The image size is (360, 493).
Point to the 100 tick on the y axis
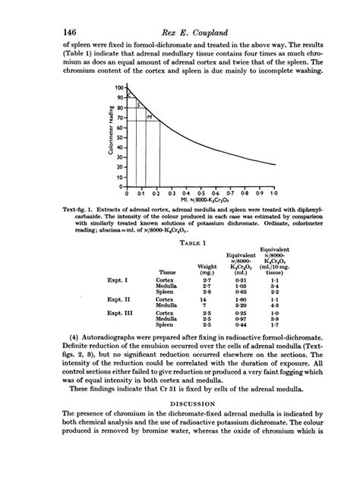(x=118, y=88)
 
